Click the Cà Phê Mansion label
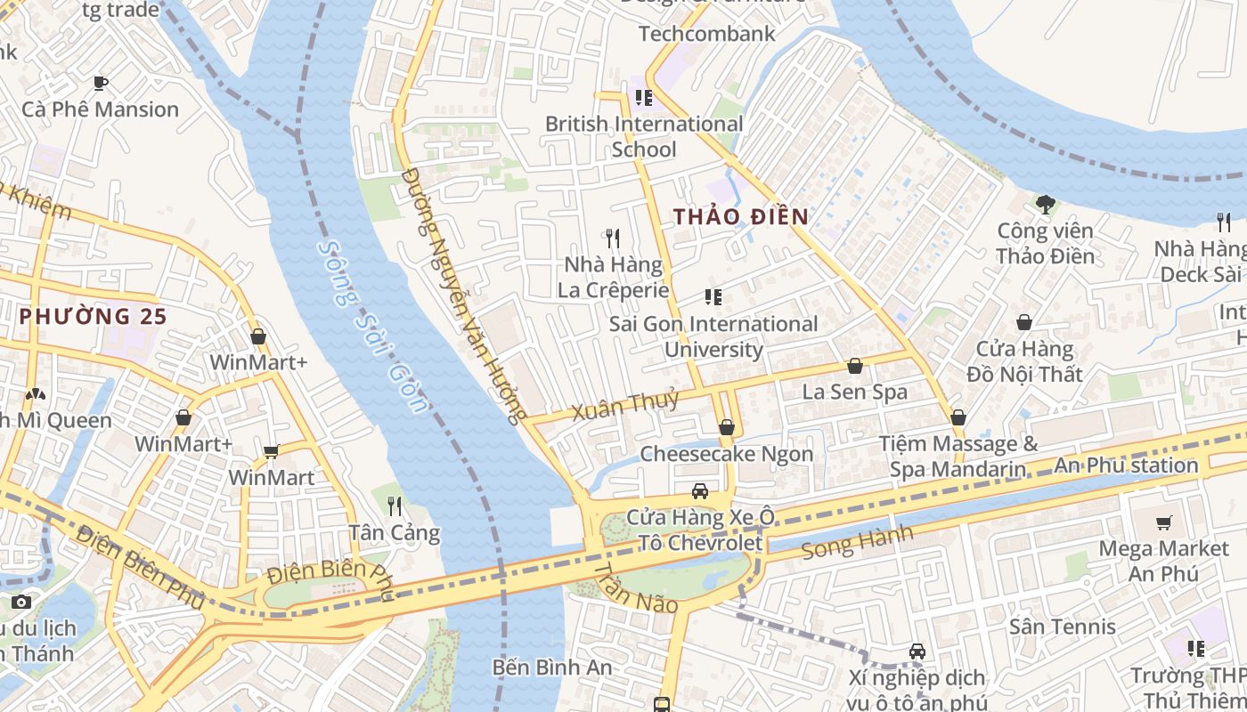coord(100,109)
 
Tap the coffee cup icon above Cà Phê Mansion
coord(101,83)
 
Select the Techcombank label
coord(707,34)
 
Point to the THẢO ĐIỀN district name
coord(740,216)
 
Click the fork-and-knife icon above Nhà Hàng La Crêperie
coord(612,238)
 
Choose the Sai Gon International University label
coord(713,336)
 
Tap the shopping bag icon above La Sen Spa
coord(855,366)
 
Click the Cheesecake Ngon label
coord(727,454)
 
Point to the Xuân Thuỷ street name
coord(624,406)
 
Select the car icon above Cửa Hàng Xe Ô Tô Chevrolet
coord(700,491)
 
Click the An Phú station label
coord(1126,465)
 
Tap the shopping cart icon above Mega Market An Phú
coord(1163,522)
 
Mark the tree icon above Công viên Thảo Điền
coord(1045,205)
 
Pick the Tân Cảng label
coord(394,533)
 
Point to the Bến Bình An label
coord(552,667)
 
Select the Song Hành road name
coord(857,541)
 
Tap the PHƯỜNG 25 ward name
coord(93,316)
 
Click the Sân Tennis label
coord(1062,627)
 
